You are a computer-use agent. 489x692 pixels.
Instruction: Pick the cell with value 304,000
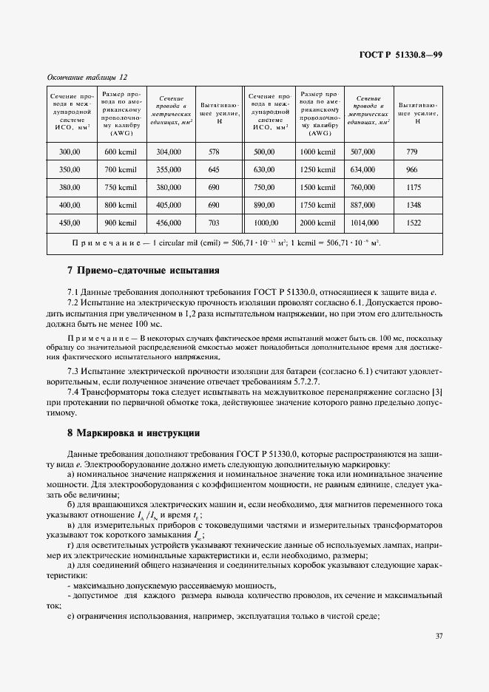tap(169, 152)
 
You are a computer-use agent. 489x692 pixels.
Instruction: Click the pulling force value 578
tap(215, 152)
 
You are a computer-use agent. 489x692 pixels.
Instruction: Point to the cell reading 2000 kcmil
tap(317, 223)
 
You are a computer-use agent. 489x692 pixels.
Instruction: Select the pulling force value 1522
tap(414, 223)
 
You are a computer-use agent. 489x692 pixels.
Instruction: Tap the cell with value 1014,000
tap(364, 223)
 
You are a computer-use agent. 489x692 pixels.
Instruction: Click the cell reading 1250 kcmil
tap(317, 169)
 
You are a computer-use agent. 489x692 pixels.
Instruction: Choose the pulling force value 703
tap(215, 223)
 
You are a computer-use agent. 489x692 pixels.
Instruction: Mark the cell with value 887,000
tap(363, 205)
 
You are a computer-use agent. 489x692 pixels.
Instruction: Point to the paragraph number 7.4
tap(74, 391)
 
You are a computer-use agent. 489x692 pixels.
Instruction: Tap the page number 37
tap(439, 635)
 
